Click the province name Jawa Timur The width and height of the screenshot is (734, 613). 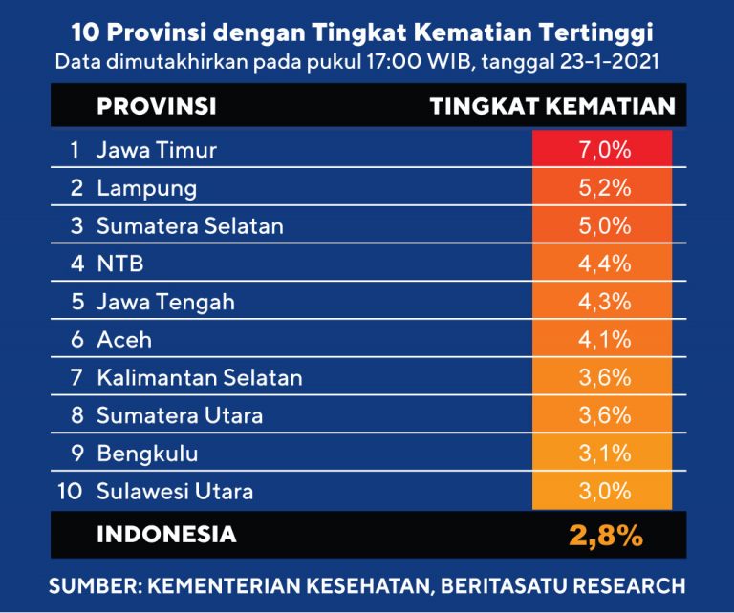coord(157,150)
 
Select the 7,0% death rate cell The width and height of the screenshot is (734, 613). coord(603,150)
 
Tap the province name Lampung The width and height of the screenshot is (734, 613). coord(146,188)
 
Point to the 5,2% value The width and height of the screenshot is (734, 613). coord(603,188)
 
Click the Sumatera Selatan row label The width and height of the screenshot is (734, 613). coord(189,226)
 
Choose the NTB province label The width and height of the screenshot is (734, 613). coord(119,264)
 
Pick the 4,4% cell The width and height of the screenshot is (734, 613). coord(603,264)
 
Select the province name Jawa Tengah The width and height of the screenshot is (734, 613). coord(165,302)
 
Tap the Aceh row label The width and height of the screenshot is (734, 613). coord(124,340)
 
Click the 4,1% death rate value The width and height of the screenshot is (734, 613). coord(603,340)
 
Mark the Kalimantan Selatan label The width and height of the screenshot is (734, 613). coord(199,378)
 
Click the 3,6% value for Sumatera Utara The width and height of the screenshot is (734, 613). coord(603,416)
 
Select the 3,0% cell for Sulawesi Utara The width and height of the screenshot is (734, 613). coord(603,492)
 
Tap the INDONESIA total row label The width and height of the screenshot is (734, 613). coord(166,535)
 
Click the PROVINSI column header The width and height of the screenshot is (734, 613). coord(156,106)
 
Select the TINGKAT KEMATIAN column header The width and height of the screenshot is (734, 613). coord(552,106)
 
